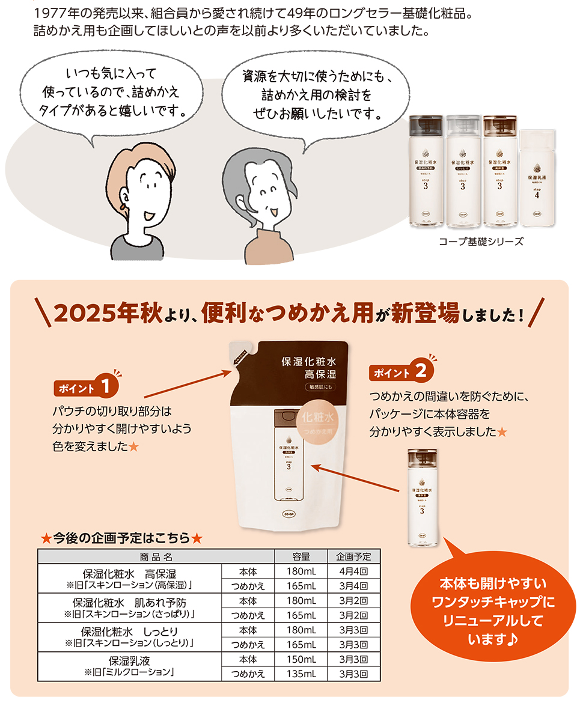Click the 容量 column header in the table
301,556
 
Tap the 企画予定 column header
354,556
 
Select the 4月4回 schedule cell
354,571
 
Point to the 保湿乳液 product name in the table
129,660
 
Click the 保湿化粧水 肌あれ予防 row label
129,601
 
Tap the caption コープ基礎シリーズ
481,242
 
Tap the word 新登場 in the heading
426,313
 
